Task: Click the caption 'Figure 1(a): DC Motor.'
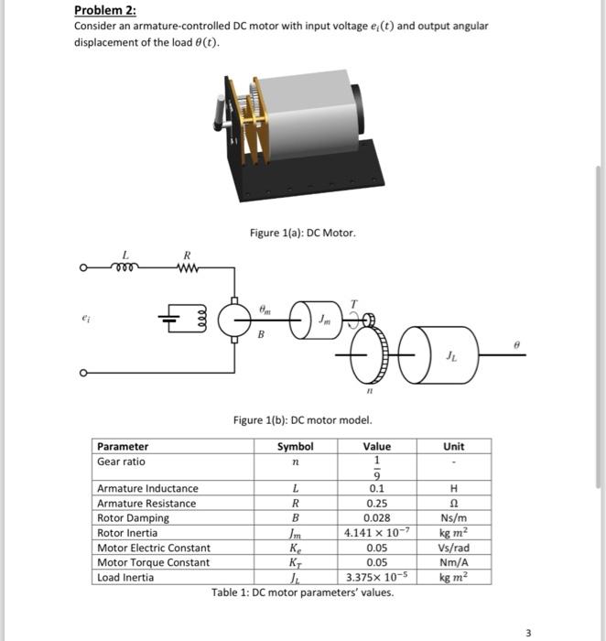[302, 234]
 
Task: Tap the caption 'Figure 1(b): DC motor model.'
[302, 420]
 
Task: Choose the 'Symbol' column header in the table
[295, 447]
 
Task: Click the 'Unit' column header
[453, 447]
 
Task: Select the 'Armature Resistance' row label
[146, 504]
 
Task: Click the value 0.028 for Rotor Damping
[376, 518]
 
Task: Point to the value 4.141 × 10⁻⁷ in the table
[376, 533]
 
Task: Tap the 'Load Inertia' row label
[126, 577]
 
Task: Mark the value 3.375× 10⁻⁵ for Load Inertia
[376, 577]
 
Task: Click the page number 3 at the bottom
[527, 632]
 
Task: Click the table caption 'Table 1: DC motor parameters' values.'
[302, 592]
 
